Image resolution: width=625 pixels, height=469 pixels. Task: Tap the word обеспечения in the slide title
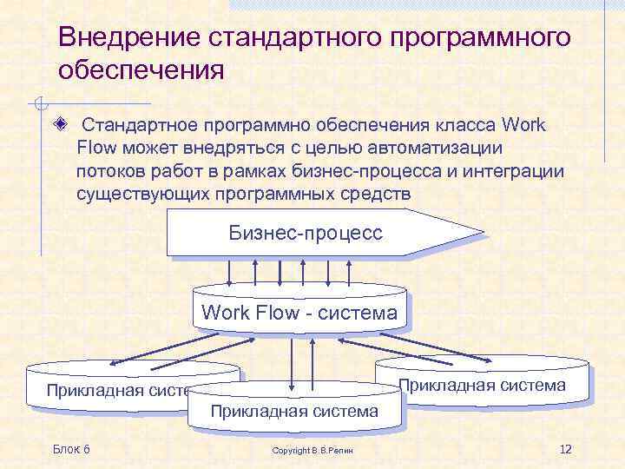(x=141, y=69)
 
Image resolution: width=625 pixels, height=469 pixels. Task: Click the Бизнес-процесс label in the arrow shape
(x=306, y=233)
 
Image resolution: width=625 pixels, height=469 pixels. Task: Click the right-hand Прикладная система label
(x=483, y=385)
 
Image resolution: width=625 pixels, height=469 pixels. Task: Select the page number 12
(x=565, y=448)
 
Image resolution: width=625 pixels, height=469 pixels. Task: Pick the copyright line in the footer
(x=319, y=451)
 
